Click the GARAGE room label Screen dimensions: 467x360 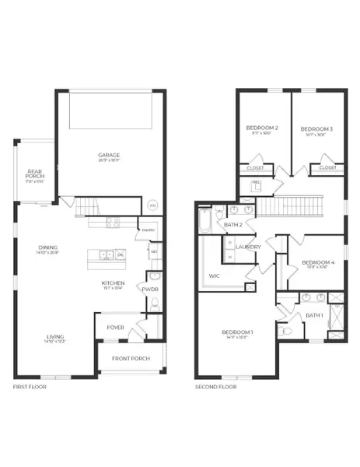tap(109, 155)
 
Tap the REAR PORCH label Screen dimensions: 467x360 tap(35, 174)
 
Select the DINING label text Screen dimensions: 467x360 tap(49, 248)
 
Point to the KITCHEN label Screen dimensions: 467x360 tap(114, 283)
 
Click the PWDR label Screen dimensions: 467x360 tap(150, 290)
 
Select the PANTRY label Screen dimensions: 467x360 tap(149, 230)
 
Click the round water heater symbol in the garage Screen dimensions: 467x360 tap(152, 205)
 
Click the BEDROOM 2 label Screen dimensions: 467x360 tap(262, 128)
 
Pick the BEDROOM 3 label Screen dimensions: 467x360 tap(316, 128)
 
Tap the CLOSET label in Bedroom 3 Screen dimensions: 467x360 tap(327, 167)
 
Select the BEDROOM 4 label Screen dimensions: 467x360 tap(317, 262)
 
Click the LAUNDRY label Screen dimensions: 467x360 tap(248, 247)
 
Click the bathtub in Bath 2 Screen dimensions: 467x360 tap(204, 221)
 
